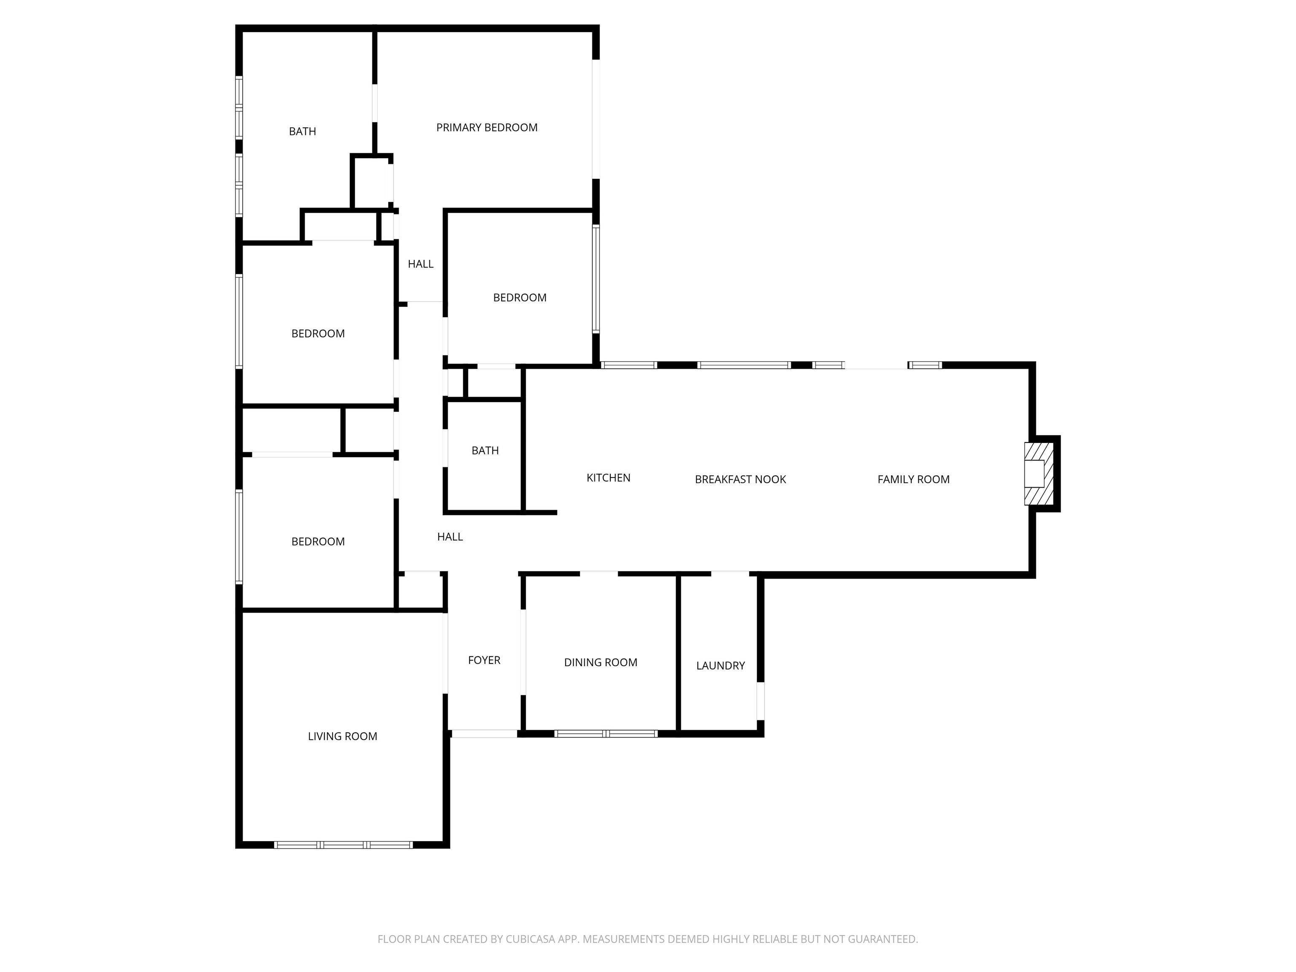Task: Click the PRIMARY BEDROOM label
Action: (x=486, y=128)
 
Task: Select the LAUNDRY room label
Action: (x=720, y=666)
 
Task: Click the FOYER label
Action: (x=484, y=660)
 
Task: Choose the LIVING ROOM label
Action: (x=342, y=737)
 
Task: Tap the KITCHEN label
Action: (x=608, y=478)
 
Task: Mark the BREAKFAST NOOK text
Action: (x=740, y=479)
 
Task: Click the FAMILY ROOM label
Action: (x=913, y=479)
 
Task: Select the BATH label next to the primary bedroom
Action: (x=302, y=132)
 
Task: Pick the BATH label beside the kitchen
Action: (x=485, y=451)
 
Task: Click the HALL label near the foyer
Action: (x=450, y=537)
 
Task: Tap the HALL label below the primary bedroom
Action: (x=421, y=264)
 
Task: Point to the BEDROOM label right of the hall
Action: (x=520, y=298)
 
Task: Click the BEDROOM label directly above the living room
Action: (x=318, y=541)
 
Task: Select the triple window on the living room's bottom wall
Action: (x=343, y=845)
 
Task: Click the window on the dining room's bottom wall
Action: (x=606, y=734)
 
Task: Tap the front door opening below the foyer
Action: (x=484, y=734)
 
